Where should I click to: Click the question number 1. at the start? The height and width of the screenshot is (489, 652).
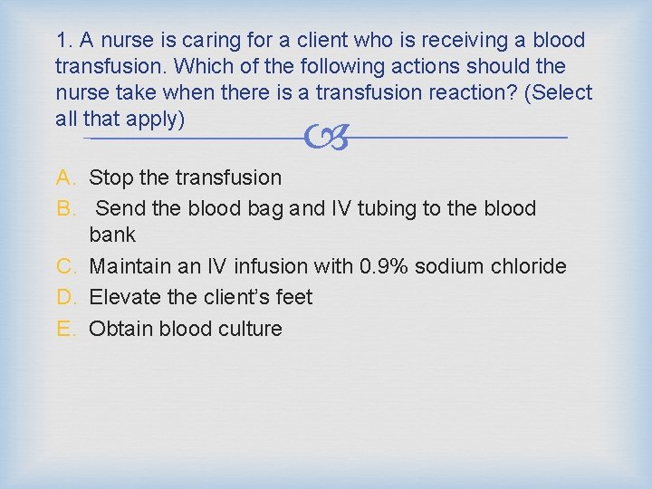pyautogui.click(x=63, y=41)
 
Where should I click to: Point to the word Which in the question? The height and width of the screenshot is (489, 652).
pyautogui.click(x=202, y=67)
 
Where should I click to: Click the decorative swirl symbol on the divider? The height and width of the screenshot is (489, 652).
pyautogui.click(x=325, y=138)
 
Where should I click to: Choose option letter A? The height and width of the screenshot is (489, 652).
pyautogui.click(x=65, y=177)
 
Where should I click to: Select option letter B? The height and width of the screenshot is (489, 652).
pyautogui.click(x=65, y=208)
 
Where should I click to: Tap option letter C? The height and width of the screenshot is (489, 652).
pyautogui.click(x=65, y=266)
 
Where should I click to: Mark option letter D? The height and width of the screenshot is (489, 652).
pyautogui.click(x=65, y=297)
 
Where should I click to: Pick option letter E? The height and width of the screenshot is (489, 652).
pyautogui.click(x=65, y=328)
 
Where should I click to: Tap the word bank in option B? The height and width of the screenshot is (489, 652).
pyautogui.click(x=112, y=235)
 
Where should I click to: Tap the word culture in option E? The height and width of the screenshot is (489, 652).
pyautogui.click(x=250, y=328)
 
